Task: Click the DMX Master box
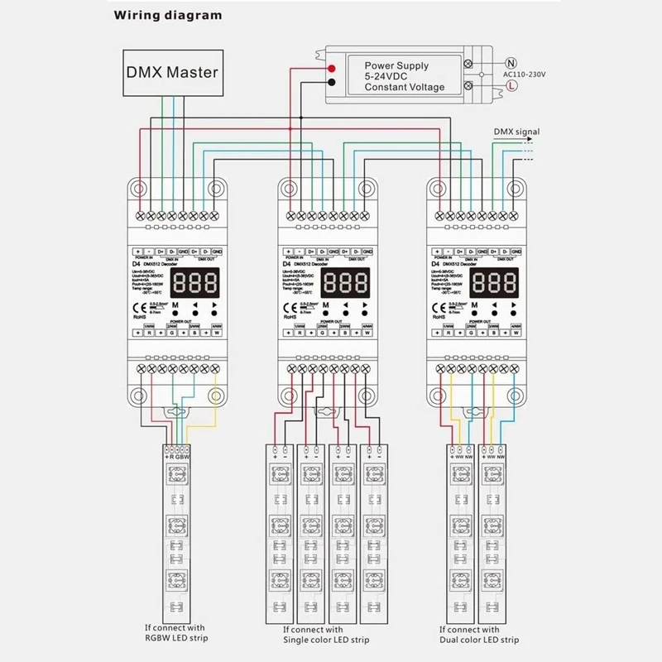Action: point(172,72)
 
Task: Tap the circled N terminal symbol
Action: point(511,60)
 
